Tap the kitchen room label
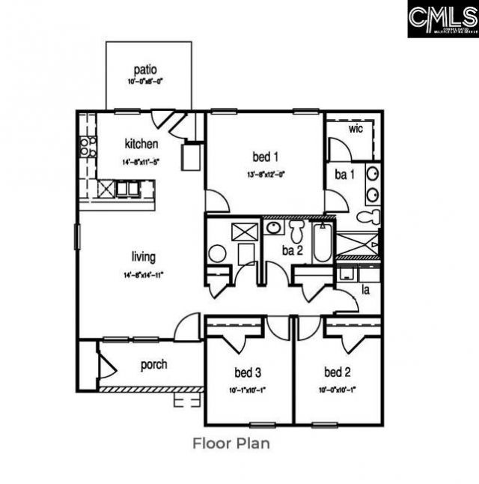(x=141, y=144)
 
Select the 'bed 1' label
(x=266, y=157)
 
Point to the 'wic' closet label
(x=356, y=128)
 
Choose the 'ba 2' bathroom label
(x=292, y=250)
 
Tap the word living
(x=143, y=257)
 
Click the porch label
(x=153, y=365)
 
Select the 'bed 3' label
(x=248, y=372)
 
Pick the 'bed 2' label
(x=338, y=372)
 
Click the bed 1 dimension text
(x=266, y=175)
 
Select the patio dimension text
(x=145, y=82)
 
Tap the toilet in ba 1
(x=368, y=217)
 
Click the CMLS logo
(x=442, y=19)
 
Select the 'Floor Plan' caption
(x=231, y=443)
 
